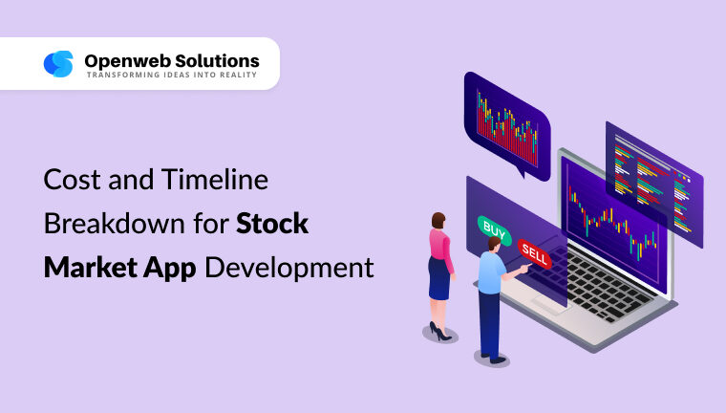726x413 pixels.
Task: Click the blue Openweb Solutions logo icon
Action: coord(58,64)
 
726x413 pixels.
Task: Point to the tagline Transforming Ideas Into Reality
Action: coord(171,76)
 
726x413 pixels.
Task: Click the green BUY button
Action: coord(494,228)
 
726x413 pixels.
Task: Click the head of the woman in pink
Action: coord(438,221)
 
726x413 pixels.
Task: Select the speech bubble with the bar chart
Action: coord(507,119)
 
